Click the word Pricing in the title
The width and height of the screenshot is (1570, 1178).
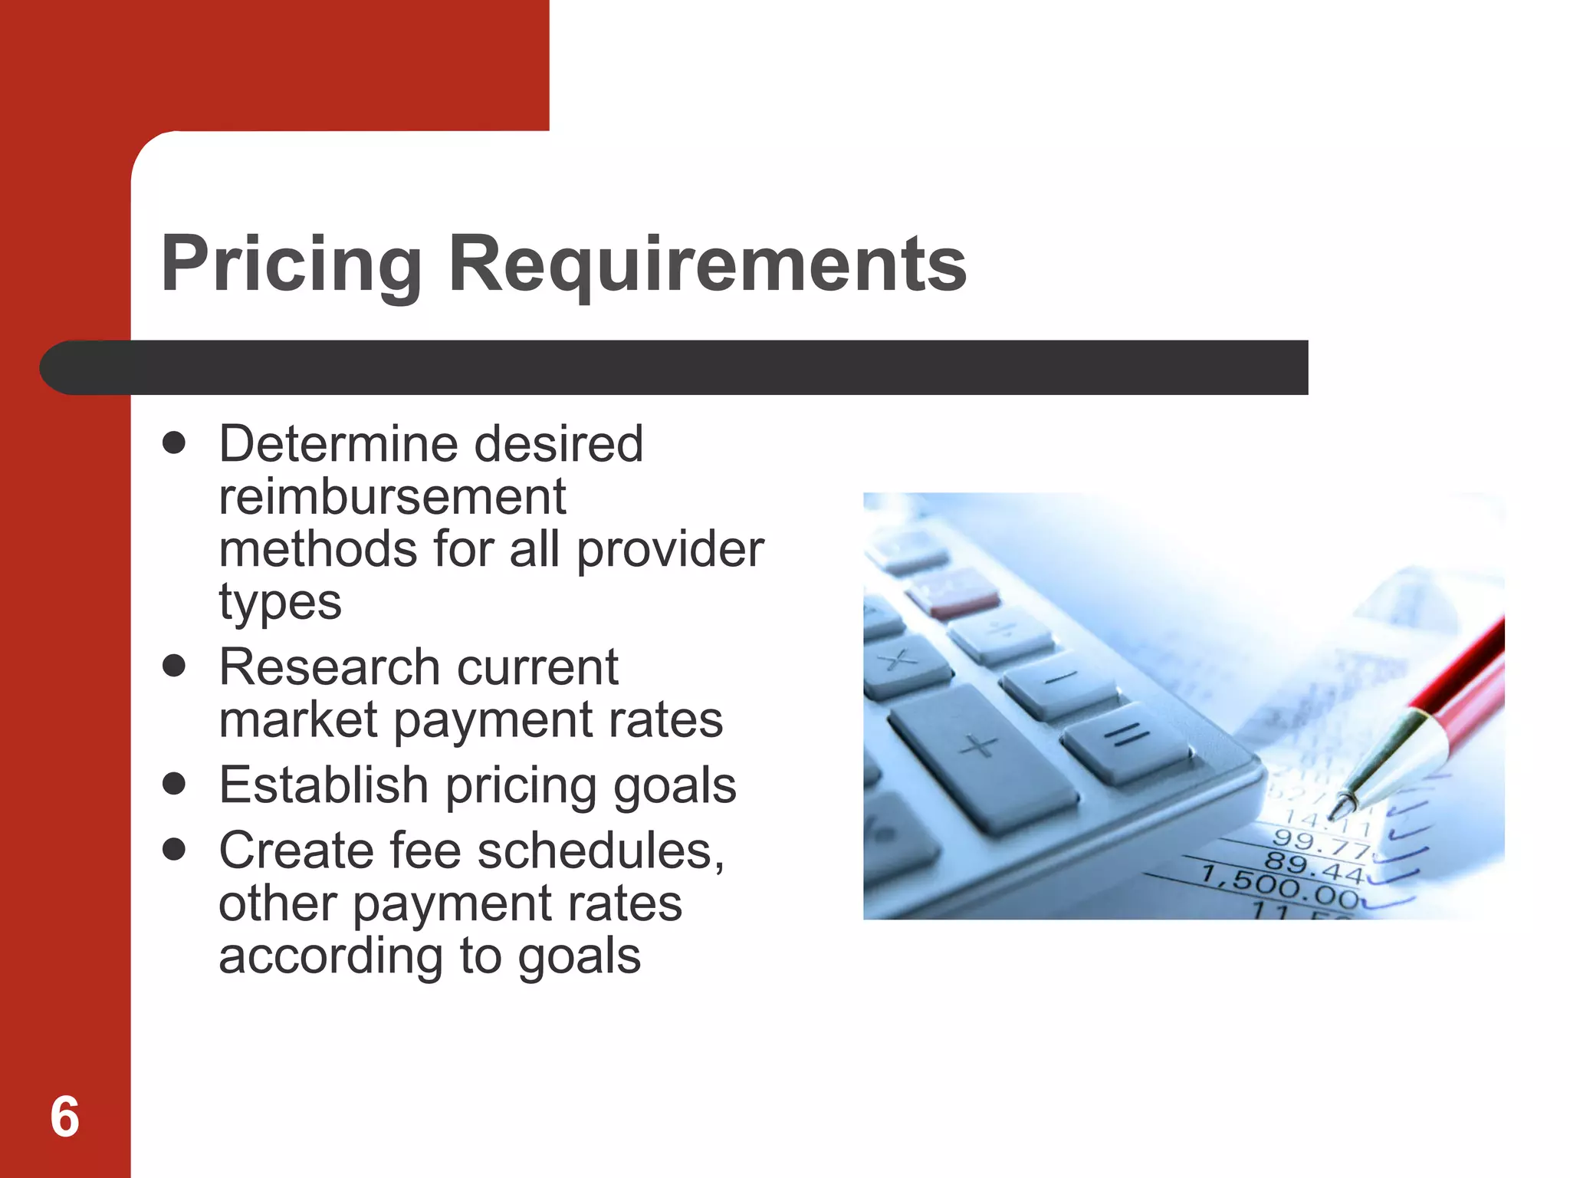(291, 265)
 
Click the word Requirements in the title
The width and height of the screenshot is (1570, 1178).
(707, 265)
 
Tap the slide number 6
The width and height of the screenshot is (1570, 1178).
(64, 1117)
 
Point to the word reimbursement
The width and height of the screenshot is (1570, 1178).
(392, 497)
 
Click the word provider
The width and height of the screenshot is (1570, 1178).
(670, 551)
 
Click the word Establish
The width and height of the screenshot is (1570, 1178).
(324, 785)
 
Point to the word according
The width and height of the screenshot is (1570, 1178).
(330, 956)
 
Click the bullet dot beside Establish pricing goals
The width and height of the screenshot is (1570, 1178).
(175, 784)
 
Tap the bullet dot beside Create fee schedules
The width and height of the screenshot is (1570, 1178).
(175, 849)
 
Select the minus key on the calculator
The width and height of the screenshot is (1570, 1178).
(1061, 679)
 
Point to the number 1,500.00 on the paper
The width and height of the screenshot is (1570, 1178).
(1280, 887)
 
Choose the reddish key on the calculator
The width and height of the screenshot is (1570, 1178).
(954, 594)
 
